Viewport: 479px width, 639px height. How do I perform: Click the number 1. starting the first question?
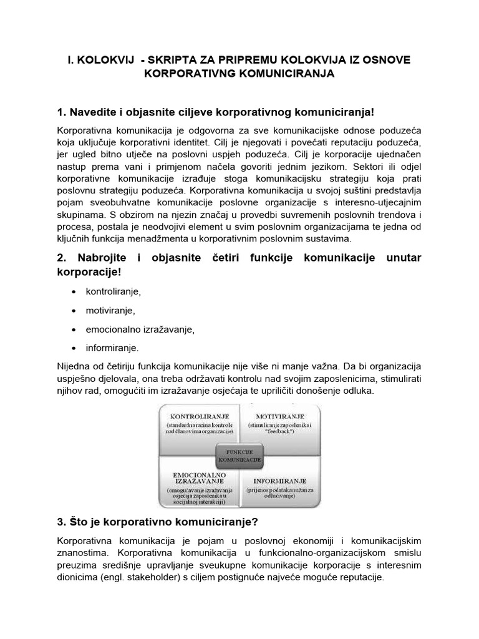click(61, 112)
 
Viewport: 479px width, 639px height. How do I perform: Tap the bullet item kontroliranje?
click(114, 291)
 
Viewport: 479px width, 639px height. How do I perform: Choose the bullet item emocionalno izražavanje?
click(140, 329)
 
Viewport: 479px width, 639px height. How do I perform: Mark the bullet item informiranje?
click(113, 348)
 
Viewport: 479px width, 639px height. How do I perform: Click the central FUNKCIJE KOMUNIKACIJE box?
click(239, 456)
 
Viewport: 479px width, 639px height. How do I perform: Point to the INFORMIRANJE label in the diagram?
click(279, 481)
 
